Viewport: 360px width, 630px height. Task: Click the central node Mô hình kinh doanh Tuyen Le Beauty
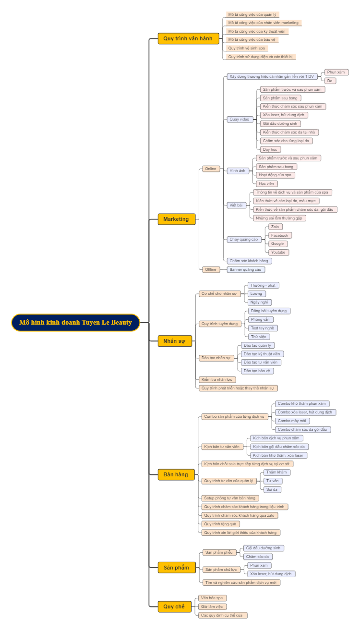[x=75, y=323]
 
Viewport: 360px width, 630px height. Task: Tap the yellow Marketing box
[x=176, y=219]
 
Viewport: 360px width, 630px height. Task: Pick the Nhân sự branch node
[x=175, y=341]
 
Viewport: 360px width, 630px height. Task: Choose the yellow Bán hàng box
[x=176, y=474]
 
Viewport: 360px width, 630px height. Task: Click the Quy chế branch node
[x=174, y=606]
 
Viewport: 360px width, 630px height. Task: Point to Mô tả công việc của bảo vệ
[x=252, y=39]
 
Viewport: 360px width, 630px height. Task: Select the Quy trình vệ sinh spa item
[x=247, y=48]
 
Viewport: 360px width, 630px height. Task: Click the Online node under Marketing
[x=211, y=169]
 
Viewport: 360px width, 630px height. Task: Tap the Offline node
[x=211, y=269]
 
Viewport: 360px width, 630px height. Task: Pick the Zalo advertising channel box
[x=275, y=227]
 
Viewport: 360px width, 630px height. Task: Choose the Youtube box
[x=278, y=252]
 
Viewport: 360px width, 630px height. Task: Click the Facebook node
[x=280, y=235]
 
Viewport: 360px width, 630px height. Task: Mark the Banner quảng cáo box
[x=245, y=269]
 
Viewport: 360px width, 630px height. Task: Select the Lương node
[x=256, y=293]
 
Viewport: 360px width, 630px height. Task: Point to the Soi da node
[x=272, y=489]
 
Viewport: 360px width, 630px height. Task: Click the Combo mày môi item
[x=291, y=421]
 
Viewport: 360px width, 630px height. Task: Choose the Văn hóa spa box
[x=212, y=598]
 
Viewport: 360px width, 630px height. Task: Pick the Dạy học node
[x=270, y=149]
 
